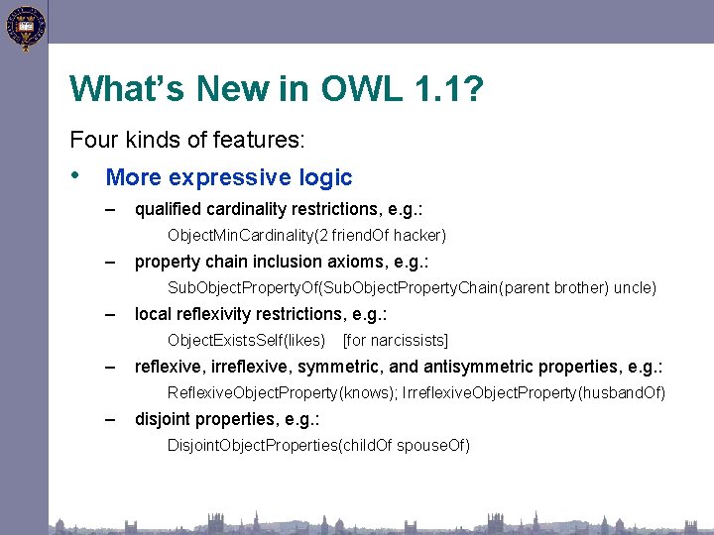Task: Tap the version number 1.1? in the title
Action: pyautogui.click(x=448, y=89)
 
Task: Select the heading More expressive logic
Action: pyautogui.click(x=228, y=177)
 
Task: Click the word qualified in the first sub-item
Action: pyautogui.click(x=167, y=209)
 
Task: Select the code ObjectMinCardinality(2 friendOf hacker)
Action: pyautogui.click(x=306, y=235)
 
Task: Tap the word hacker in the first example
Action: pyautogui.click(x=422, y=235)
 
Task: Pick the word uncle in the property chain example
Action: pyautogui.click(x=635, y=287)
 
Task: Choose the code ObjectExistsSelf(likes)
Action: pyautogui.click(x=246, y=340)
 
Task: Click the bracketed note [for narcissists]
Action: pyautogui.click(x=395, y=340)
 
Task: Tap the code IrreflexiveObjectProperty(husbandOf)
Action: pyautogui.click(x=534, y=392)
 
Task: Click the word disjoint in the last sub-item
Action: pyautogui.click(x=163, y=419)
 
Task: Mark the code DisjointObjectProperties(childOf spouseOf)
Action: pyautogui.click(x=318, y=445)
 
